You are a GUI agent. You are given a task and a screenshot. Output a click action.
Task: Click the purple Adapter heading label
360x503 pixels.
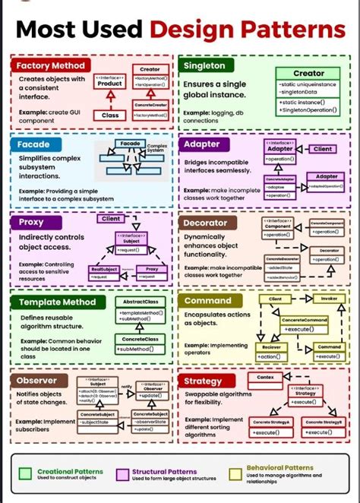(x=202, y=144)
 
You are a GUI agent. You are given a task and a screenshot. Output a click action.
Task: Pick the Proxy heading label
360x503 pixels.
(x=32, y=223)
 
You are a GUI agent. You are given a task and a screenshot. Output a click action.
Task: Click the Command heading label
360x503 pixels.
(x=207, y=301)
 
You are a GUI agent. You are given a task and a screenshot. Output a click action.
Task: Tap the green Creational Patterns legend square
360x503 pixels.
(x=24, y=474)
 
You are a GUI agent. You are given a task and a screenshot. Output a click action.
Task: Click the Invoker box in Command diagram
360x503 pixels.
(x=328, y=299)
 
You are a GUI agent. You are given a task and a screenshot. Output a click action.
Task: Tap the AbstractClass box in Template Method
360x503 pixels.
(x=141, y=302)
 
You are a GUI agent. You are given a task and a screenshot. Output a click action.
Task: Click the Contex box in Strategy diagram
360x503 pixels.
(x=265, y=377)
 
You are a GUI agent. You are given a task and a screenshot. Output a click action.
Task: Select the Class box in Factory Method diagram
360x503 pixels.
(x=109, y=115)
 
